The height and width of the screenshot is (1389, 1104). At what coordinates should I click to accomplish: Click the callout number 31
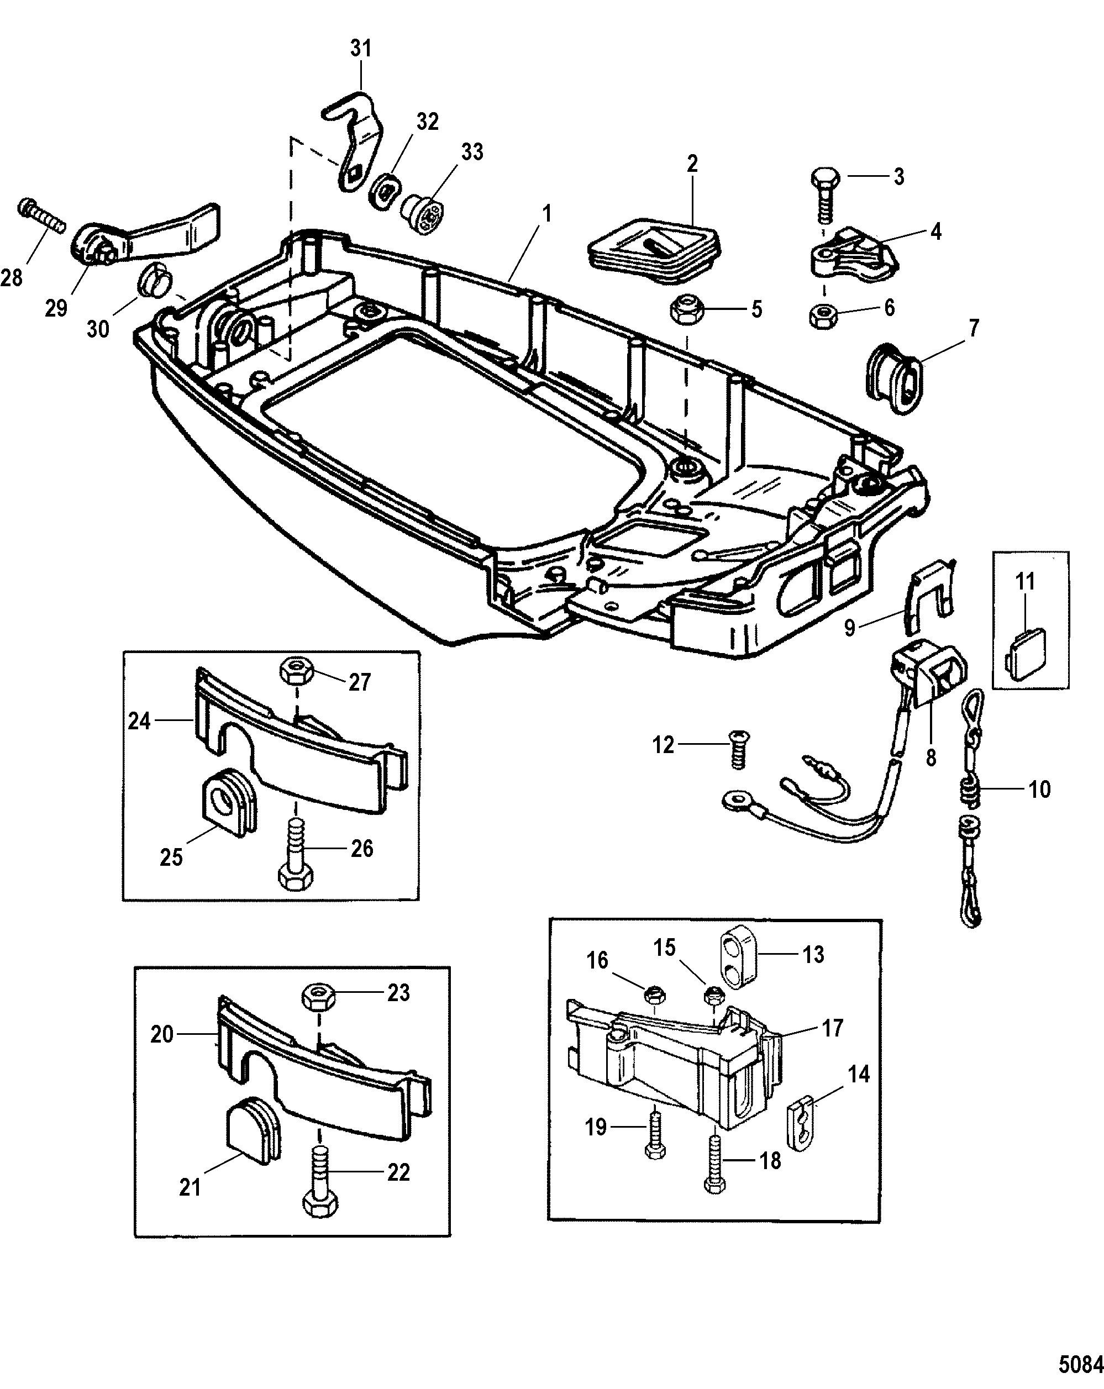click(361, 49)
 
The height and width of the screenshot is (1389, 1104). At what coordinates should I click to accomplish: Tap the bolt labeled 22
click(318, 1181)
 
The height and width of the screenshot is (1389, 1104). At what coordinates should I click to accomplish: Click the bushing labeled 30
click(152, 278)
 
